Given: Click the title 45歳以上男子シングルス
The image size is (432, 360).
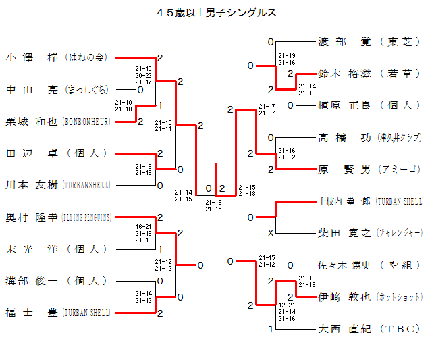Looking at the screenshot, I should click(x=216, y=12).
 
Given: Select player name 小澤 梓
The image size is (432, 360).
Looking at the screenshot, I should click(x=32, y=57).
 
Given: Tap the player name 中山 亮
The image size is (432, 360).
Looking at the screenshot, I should click(x=32, y=89).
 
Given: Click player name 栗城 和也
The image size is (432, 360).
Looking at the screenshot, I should click(x=32, y=122).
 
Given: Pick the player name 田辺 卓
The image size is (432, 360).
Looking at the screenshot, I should click(x=32, y=153).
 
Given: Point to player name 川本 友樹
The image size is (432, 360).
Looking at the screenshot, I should click(x=32, y=185).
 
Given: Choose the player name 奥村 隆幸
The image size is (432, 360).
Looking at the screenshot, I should click(x=32, y=217).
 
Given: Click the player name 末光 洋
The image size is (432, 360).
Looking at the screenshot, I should click(x=32, y=249).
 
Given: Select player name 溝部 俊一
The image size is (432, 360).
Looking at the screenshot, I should click(x=32, y=281).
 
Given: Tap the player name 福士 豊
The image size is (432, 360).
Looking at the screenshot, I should click(x=32, y=313).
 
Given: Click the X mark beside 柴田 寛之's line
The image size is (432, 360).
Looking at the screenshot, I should click(x=271, y=233).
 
